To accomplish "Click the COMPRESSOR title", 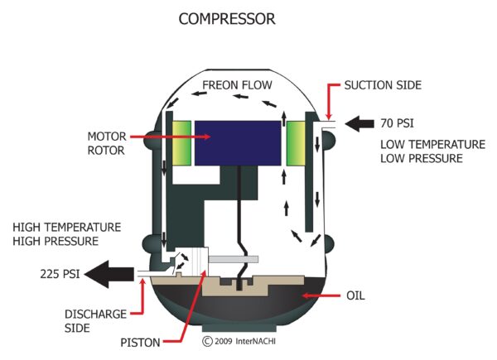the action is pyautogui.click(x=227, y=19).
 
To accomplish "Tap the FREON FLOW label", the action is pyautogui.click(x=237, y=85).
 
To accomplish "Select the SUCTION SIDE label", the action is pyautogui.click(x=383, y=85).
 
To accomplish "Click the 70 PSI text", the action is pyautogui.click(x=397, y=123).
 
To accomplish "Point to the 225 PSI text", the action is pyautogui.click(x=60, y=274).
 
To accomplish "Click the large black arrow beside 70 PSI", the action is pyautogui.click(x=359, y=123).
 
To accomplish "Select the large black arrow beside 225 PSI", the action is pyautogui.click(x=109, y=274).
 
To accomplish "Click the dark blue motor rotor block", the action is pyautogui.click(x=238, y=143).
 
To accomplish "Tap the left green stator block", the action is pyautogui.click(x=181, y=143).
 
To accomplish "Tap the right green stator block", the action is pyautogui.click(x=296, y=143).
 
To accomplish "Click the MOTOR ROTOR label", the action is pyautogui.click(x=107, y=143).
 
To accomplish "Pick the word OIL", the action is pyautogui.click(x=355, y=295).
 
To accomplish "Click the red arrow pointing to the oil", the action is pyautogui.click(x=321, y=295).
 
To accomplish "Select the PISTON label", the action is pyautogui.click(x=140, y=343).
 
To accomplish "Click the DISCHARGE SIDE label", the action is pyautogui.click(x=95, y=321).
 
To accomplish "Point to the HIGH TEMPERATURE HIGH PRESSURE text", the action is pyautogui.click(x=66, y=234).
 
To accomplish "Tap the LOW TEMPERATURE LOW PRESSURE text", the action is pyautogui.click(x=432, y=151).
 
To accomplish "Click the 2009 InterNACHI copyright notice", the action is pyautogui.click(x=239, y=341).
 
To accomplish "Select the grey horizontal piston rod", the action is pyautogui.click(x=234, y=259).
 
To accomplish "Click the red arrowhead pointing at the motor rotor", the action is pyautogui.click(x=207, y=137).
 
